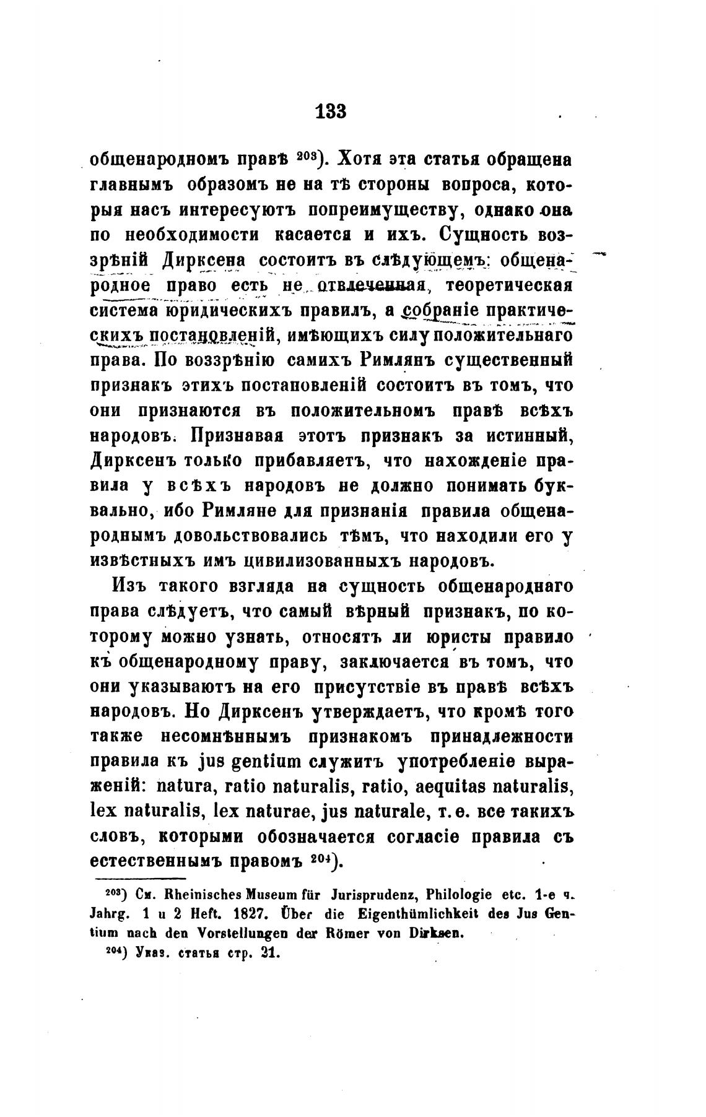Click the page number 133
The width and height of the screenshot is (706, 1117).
330,111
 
